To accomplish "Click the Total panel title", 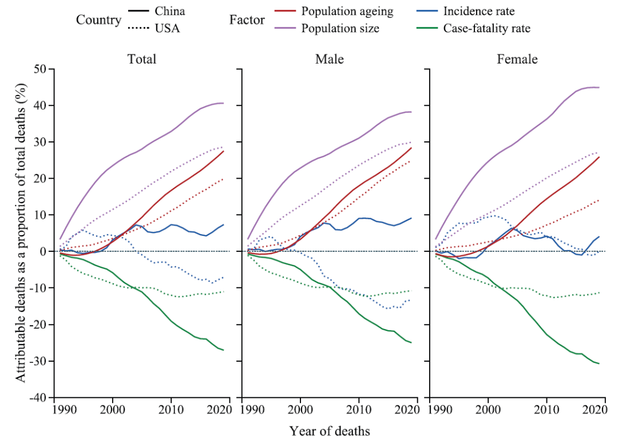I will click(x=142, y=59).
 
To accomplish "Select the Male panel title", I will click(x=330, y=59).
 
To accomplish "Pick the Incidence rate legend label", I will click(x=478, y=11).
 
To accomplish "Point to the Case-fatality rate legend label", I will click(x=486, y=28).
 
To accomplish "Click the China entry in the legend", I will click(x=170, y=11).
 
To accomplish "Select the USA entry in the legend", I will click(x=167, y=28).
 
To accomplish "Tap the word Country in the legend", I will click(x=98, y=20).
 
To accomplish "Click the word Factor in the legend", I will click(x=247, y=20).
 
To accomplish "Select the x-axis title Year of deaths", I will click(x=330, y=430).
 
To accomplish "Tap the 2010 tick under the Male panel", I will click(x=359, y=410).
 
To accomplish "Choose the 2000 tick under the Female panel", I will click(x=488, y=410).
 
